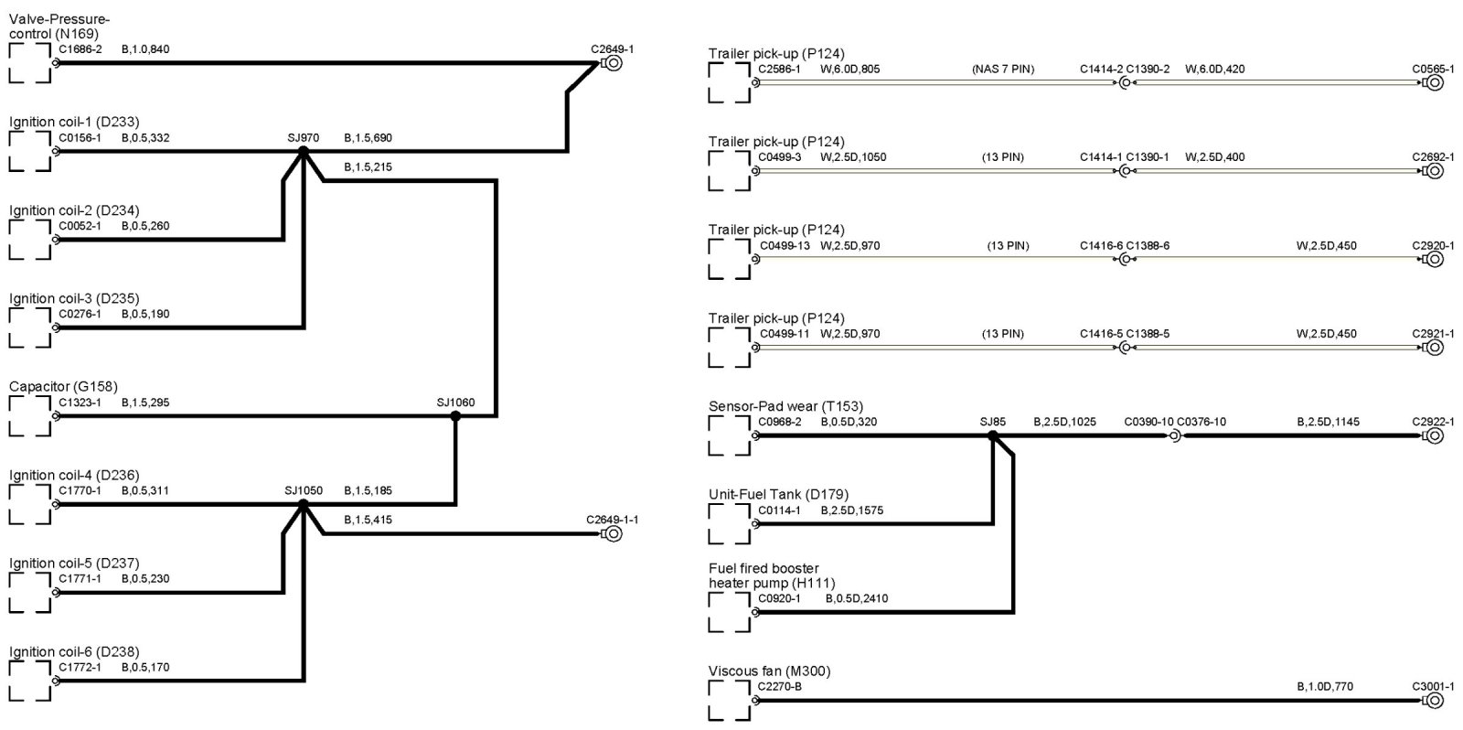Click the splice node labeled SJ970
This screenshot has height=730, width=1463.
coord(304,151)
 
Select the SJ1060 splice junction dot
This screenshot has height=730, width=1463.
coord(455,415)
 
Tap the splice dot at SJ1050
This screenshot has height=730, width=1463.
coord(304,503)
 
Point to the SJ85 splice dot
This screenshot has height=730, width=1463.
coord(992,435)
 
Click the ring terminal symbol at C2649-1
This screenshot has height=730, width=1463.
coord(613,63)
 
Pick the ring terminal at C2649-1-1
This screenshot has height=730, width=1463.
coord(613,533)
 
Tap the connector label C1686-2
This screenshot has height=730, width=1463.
coord(80,49)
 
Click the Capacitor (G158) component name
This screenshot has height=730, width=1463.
coord(63,387)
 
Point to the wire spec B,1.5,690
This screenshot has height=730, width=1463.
coord(368,138)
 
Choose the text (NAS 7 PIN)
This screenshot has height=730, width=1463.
coord(1003,69)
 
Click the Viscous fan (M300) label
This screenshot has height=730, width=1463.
coord(769,671)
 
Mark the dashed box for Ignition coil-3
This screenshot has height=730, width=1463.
coord(29,327)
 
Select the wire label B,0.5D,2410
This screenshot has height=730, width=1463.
coord(856,598)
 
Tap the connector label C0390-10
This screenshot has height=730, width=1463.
coord(1148,422)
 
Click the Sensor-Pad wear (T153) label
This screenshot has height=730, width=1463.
coord(785,406)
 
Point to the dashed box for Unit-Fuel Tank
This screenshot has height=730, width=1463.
coord(729,523)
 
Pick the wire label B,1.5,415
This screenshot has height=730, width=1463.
coord(368,520)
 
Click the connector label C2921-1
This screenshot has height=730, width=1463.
coord(1433,334)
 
